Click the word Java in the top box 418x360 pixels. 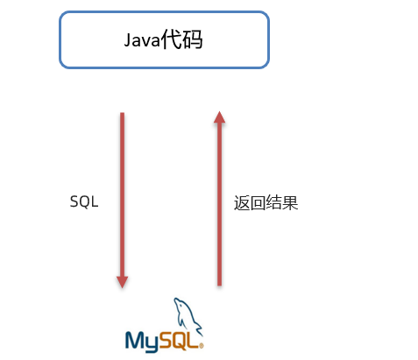point(142,40)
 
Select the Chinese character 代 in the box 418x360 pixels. point(171,39)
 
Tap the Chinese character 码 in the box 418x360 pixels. point(192,39)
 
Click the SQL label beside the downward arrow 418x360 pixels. point(84,201)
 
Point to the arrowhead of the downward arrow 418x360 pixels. point(122,282)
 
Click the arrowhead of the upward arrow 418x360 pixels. point(219,116)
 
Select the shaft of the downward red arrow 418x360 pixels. point(122,194)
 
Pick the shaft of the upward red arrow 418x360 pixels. point(219,204)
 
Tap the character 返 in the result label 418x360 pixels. point(242,203)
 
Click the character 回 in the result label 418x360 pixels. point(258,203)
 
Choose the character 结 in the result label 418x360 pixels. point(273,203)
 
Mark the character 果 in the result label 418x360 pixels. point(290,203)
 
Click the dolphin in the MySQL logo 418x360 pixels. point(188,316)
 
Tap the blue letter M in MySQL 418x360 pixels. point(135,340)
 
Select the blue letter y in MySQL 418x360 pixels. point(152,344)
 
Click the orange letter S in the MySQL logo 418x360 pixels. point(166,340)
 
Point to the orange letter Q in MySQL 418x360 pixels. point(181,341)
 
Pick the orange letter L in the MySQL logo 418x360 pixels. point(193,340)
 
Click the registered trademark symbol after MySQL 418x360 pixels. point(201,346)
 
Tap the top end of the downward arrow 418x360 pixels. point(122,113)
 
